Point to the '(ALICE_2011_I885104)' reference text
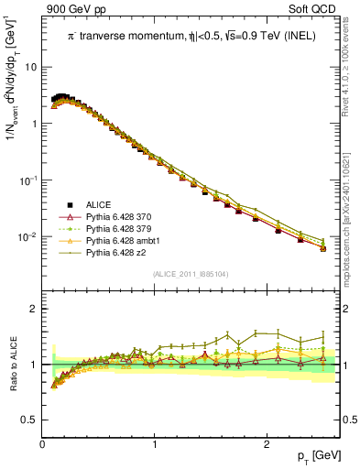pyautogui.click(x=191, y=274)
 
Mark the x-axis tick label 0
pyautogui.click(x=42, y=444)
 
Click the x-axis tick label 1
pyautogui.click(x=154, y=444)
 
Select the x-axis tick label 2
pyautogui.click(x=266, y=444)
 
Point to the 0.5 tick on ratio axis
pyautogui.click(x=29, y=420)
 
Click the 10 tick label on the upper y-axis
pyautogui.click(x=30, y=67)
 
